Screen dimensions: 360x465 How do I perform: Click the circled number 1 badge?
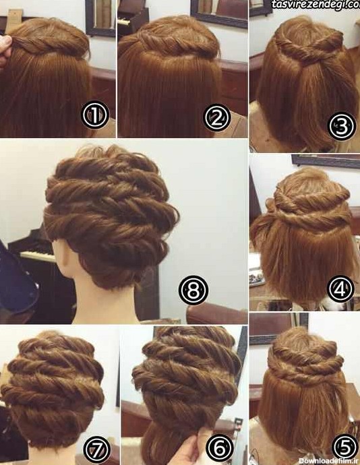(x=95, y=115)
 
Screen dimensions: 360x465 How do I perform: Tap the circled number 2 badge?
(x=217, y=117)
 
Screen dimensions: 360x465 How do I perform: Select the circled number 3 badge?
(x=342, y=126)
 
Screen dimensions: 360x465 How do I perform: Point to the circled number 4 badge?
(x=341, y=289)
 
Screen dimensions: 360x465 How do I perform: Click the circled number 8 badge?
(x=193, y=290)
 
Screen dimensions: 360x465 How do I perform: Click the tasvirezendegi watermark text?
(x=316, y=5)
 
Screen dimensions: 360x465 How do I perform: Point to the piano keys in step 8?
(x=37, y=256)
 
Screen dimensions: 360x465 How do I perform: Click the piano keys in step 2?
(x=124, y=21)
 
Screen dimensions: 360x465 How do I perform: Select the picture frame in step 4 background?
(x=326, y=161)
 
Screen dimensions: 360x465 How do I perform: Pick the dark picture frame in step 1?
(x=100, y=18)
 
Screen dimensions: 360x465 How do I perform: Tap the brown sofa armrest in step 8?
(x=216, y=314)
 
